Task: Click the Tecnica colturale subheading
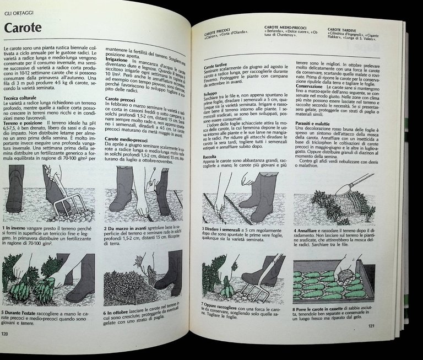pos(21,98)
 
